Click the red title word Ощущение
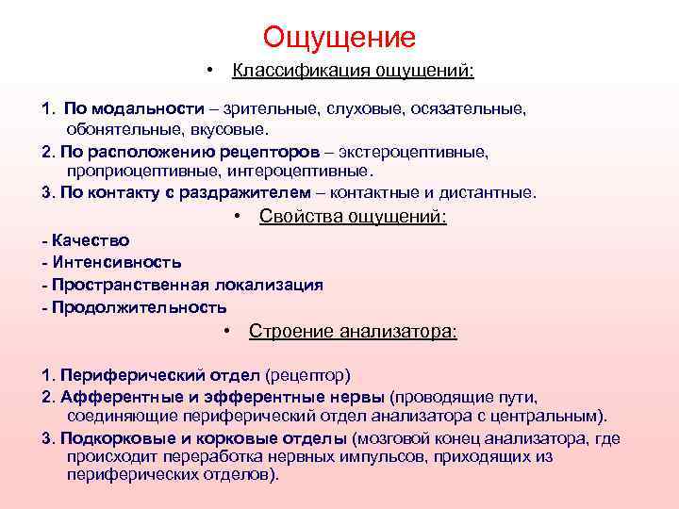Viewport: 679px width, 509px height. pyautogui.click(x=339, y=37)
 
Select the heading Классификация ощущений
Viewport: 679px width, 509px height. pyautogui.click(x=354, y=71)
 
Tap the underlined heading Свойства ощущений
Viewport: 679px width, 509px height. pyautogui.click(x=353, y=217)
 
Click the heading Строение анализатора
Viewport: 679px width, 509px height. pyautogui.click(x=353, y=331)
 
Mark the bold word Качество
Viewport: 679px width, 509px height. pyautogui.click(x=91, y=240)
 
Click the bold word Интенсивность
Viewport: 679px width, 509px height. pyautogui.click(x=117, y=262)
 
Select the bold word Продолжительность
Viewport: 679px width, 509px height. pyautogui.click(x=140, y=307)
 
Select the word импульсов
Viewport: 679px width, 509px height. pyautogui.click(x=372, y=457)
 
